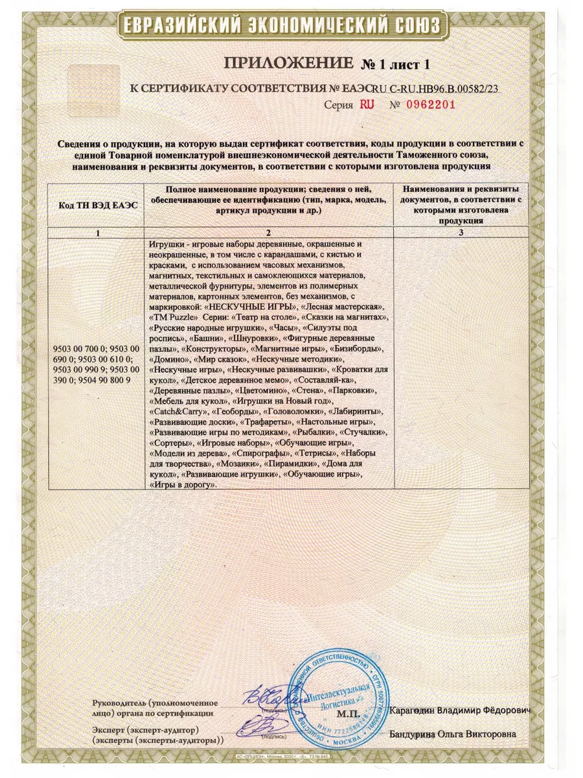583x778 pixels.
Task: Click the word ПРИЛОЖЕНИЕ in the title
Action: click(x=286, y=63)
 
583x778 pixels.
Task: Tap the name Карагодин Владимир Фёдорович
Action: click(x=461, y=711)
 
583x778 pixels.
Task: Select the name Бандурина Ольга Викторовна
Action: click(x=453, y=735)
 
